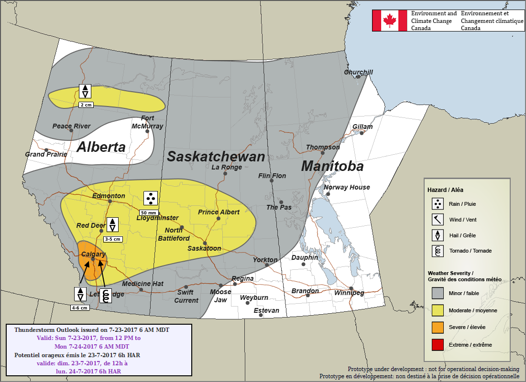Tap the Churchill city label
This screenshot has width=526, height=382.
point(358,72)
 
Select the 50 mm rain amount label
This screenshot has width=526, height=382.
point(148,212)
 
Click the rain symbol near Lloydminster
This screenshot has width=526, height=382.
point(151,198)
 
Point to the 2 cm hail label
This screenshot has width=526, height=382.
point(86,105)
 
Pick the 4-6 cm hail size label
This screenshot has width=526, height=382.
point(80,308)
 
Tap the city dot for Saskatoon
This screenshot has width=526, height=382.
point(205,243)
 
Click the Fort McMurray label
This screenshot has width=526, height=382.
point(147,122)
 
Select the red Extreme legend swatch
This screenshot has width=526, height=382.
point(438,345)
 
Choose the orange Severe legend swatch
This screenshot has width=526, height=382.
point(438,327)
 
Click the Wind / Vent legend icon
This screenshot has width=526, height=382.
point(438,220)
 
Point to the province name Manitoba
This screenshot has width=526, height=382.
point(332,166)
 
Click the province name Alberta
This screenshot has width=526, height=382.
point(101,147)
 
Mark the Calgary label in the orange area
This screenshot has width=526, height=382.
point(93,255)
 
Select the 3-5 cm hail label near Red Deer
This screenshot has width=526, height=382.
point(113,239)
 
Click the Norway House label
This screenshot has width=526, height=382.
point(347,187)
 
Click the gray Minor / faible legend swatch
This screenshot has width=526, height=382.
point(438,293)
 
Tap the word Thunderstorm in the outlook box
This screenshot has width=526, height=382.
point(34,330)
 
